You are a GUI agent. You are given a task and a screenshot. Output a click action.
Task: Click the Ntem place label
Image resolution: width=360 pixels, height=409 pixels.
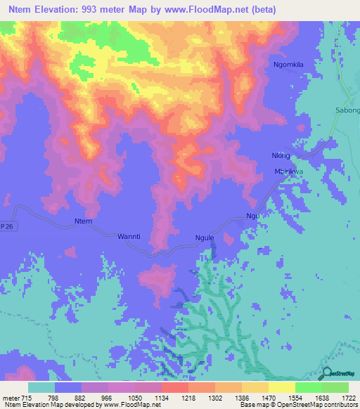click(x=83, y=222)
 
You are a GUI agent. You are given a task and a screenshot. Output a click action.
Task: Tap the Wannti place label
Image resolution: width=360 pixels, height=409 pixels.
click(x=129, y=237)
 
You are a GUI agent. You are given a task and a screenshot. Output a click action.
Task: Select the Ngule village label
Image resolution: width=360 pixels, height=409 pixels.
click(x=204, y=238)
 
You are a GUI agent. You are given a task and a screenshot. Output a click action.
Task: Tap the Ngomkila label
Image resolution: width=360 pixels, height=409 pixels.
click(x=288, y=65)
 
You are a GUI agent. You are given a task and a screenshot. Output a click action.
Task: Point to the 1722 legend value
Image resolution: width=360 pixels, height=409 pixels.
click(x=348, y=397)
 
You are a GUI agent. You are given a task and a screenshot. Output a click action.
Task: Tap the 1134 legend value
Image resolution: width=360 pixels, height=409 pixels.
click(x=161, y=397)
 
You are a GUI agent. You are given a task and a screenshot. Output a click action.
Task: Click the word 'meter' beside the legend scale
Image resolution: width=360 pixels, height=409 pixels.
click(x=11, y=397)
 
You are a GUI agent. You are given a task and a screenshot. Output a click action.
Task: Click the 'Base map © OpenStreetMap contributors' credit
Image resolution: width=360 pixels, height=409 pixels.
click(x=300, y=405)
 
